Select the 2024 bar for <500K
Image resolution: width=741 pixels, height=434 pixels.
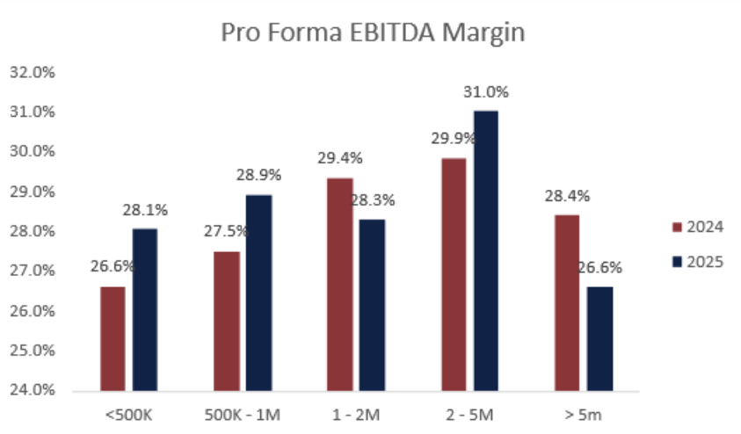113,338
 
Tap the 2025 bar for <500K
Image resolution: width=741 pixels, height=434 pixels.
144,309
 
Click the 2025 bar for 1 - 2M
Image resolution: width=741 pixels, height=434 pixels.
372,305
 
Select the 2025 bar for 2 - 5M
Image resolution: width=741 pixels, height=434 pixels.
486,250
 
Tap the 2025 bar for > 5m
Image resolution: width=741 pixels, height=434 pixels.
599,338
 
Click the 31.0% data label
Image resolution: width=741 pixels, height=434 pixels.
486,92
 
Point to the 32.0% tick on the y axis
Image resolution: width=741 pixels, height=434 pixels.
32,73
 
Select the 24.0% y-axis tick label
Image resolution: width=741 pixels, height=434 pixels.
32,390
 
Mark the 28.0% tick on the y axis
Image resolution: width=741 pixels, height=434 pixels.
32,232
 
